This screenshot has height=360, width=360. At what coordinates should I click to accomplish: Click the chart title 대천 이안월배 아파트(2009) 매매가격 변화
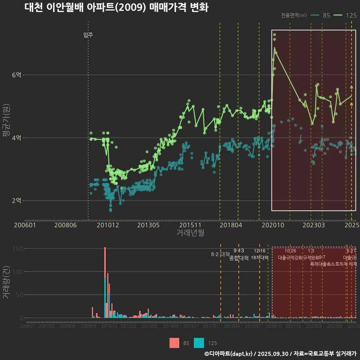pos(116,7)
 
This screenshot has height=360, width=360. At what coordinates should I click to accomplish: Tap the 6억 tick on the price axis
pos(16,75)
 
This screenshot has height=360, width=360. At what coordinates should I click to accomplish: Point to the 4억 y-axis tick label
pos(16,138)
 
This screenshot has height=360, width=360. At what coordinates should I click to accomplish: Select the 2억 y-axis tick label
pos(16,201)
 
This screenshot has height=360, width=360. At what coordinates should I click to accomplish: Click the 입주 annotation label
pos(88,35)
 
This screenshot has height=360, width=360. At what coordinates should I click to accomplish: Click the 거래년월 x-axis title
pos(190,232)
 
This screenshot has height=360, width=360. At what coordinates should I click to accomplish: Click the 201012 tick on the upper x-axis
pos(108,225)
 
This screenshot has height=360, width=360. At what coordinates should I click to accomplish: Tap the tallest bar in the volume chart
pos(105,262)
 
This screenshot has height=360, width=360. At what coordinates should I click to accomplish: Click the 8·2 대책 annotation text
pos(220,254)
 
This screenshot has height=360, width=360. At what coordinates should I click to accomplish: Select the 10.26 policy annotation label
pos(290,251)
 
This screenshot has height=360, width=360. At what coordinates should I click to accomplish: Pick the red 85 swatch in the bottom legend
pos(174,343)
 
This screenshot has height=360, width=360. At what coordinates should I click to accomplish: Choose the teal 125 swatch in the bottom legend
pos(199,343)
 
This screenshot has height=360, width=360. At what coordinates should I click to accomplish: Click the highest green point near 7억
pos(274,34)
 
